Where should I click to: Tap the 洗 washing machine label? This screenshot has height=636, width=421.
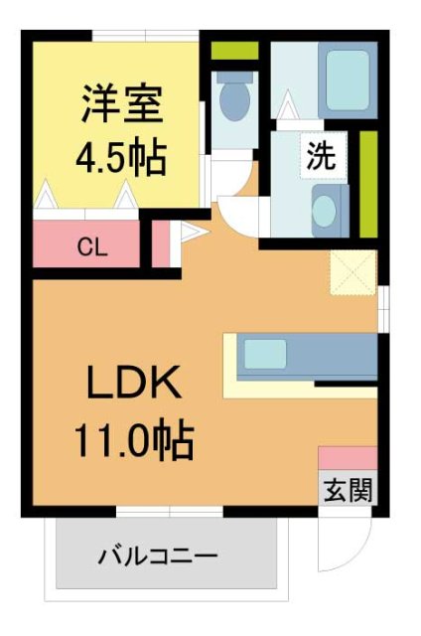[x=320, y=156]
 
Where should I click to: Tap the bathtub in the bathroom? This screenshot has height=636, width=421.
[x=351, y=74]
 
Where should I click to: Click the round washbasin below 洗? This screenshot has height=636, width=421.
[x=326, y=211]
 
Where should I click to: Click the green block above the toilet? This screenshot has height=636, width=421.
[x=235, y=50]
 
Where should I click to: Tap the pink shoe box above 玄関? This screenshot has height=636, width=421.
[x=348, y=458]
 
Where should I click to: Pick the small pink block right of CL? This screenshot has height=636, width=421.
[x=159, y=243]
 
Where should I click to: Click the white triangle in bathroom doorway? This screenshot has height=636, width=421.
[x=288, y=103]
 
